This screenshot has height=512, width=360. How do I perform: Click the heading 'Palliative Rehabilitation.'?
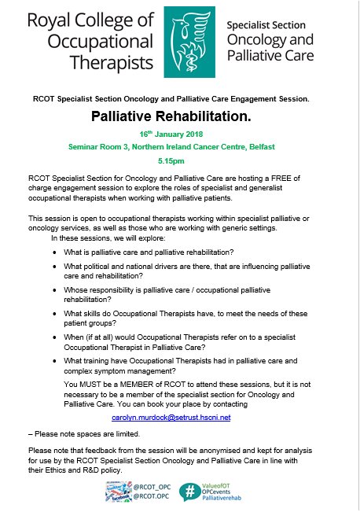tap(179, 116)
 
